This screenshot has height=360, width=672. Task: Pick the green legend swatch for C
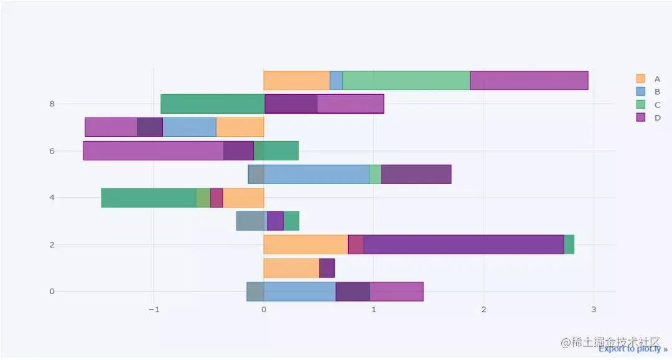(x=640, y=104)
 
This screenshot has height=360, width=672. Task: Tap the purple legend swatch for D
(x=640, y=118)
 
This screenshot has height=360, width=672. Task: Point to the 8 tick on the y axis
(x=52, y=104)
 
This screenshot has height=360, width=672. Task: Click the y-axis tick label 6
(x=52, y=151)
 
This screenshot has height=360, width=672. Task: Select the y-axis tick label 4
(x=52, y=198)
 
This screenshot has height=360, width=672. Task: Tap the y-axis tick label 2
(x=52, y=244)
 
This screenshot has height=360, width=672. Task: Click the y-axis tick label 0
(x=52, y=292)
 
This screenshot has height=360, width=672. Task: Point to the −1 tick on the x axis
(x=153, y=310)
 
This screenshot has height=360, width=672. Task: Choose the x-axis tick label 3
(x=593, y=310)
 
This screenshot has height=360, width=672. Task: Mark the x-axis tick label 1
(x=373, y=310)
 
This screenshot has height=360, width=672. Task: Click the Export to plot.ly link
(x=633, y=349)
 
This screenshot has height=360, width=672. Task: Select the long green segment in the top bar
(x=406, y=80)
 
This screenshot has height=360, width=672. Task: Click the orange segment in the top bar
(x=296, y=80)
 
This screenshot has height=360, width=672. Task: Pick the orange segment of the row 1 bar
(x=291, y=268)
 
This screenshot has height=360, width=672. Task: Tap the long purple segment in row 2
(x=464, y=244)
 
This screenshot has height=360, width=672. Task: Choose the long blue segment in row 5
(x=317, y=174)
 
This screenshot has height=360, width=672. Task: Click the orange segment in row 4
(x=243, y=198)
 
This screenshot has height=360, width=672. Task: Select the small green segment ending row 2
(x=569, y=244)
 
